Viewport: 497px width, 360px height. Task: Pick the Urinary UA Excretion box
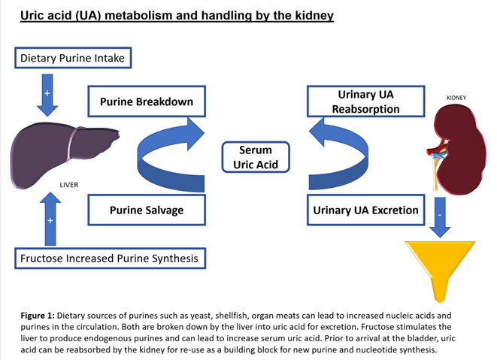[365, 210]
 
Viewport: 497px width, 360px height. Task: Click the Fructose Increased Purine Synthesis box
[110, 259]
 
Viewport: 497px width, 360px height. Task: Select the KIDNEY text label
[457, 98]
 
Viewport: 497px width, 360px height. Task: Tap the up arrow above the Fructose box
[50, 218]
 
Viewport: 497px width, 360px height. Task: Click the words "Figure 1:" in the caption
[38, 315]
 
